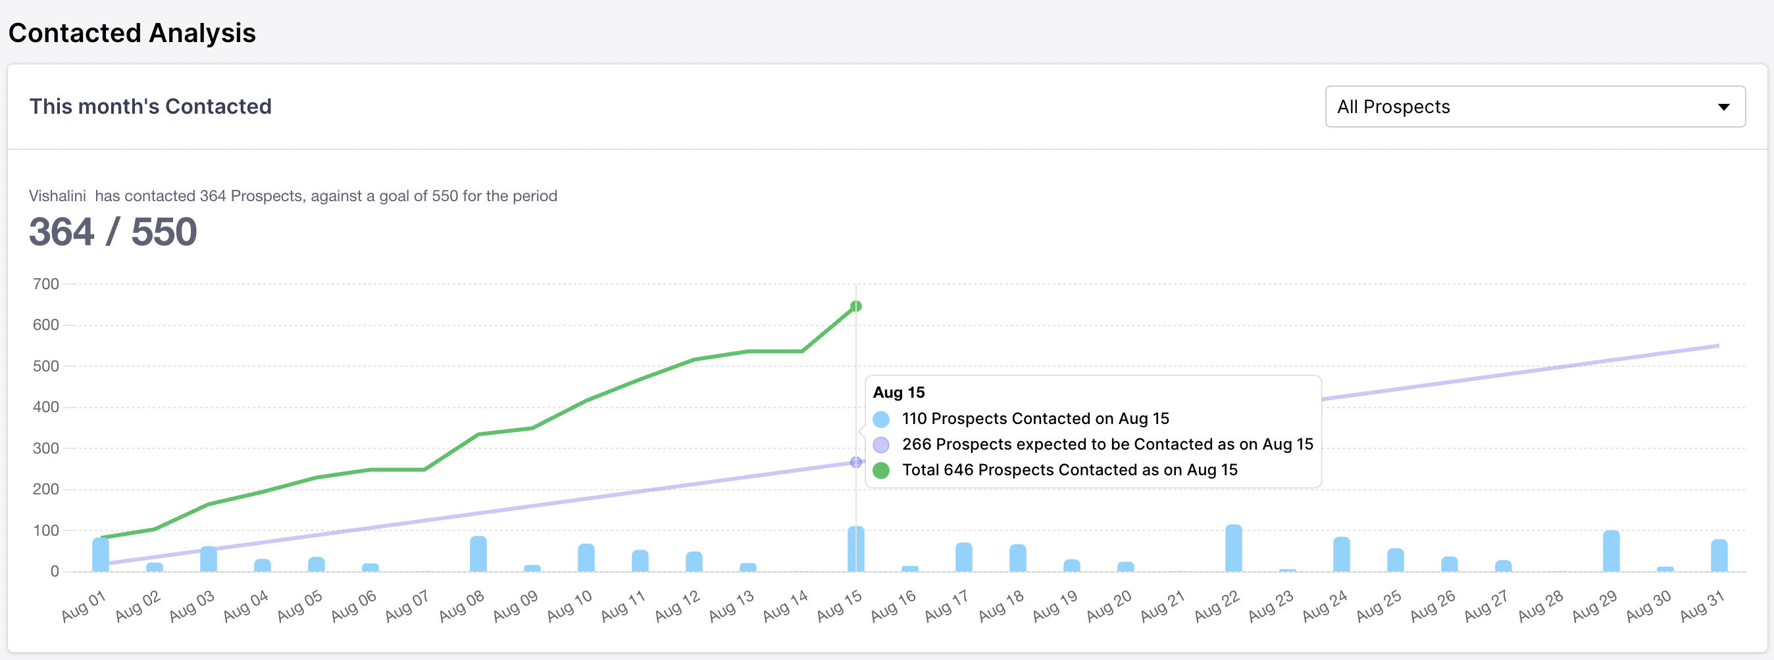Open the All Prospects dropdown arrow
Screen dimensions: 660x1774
(x=1723, y=106)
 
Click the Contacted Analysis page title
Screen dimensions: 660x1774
(x=132, y=33)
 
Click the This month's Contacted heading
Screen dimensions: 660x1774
(x=150, y=106)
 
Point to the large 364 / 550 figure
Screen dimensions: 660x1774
(x=113, y=231)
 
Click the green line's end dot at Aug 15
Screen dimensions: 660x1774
(x=856, y=306)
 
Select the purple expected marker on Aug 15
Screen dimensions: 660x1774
(x=856, y=463)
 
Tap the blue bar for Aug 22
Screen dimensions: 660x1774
(x=1233, y=548)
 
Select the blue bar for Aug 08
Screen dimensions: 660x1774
(x=478, y=554)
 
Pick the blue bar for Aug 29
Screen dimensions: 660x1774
(x=1611, y=552)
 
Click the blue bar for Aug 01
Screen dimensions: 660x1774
(x=101, y=555)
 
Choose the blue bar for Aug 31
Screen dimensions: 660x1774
(x=1719, y=555)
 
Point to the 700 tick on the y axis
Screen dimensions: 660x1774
(x=46, y=283)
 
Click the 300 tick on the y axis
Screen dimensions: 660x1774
(x=46, y=448)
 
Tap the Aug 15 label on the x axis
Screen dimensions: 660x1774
(x=840, y=605)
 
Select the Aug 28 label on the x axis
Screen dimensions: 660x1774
(x=1540, y=605)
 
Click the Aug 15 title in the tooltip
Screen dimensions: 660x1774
(x=899, y=392)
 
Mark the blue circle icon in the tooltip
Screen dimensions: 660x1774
(x=881, y=419)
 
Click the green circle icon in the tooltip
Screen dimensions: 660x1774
(x=881, y=471)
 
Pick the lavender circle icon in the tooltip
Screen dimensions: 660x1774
(x=881, y=445)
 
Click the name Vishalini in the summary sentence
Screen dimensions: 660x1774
(x=57, y=196)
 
